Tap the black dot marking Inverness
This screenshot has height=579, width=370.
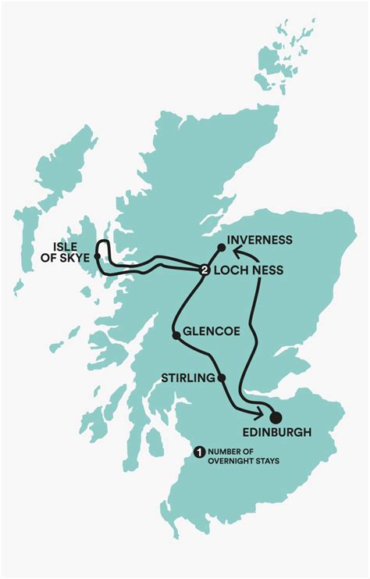click(222, 248)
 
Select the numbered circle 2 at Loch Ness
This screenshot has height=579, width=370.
click(204, 270)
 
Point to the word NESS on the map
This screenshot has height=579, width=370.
click(266, 270)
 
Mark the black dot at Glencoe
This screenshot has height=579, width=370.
click(176, 336)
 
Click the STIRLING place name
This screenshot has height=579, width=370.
click(187, 378)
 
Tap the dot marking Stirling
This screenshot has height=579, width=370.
click(222, 378)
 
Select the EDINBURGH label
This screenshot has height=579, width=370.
click(276, 432)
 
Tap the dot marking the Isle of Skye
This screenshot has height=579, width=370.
click(97, 256)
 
